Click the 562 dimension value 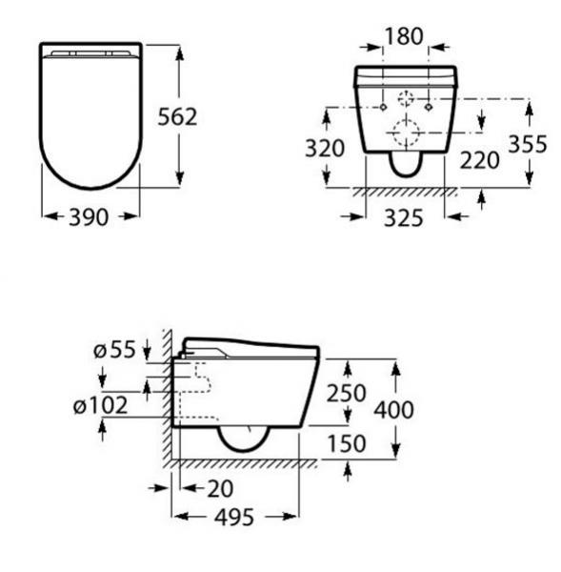[x=176, y=116]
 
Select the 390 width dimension [x=91, y=215]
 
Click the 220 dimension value [x=480, y=159]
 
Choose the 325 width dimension [x=405, y=217]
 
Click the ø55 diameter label [x=114, y=350]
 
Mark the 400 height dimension [x=394, y=410]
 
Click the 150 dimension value [x=347, y=444]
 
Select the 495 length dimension [x=233, y=517]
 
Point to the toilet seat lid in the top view [x=91, y=114]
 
